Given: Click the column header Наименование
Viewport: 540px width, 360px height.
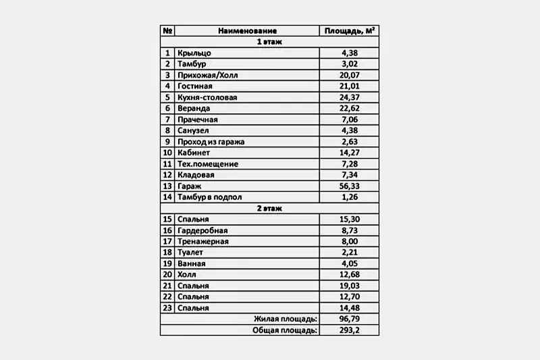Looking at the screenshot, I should coord(247,30).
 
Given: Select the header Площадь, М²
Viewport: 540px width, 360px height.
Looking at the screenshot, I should coord(349,30).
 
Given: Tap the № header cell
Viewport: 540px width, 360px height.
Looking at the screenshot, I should coord(167,30).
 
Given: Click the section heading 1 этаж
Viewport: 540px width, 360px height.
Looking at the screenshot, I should coord(269,42).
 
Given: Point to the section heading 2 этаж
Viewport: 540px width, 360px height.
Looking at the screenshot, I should coord(269,208).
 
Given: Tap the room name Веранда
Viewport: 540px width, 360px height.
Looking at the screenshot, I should coord(194,108).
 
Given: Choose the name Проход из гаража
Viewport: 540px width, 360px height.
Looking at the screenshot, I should coord(211,142).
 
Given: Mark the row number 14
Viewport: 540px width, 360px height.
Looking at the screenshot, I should coord(167,197).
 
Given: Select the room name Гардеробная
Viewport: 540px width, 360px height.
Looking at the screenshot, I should coord(202,230).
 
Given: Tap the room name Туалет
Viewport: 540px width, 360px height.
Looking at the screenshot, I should coord(191,253).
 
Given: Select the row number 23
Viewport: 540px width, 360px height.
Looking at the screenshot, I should coord(167,308).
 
